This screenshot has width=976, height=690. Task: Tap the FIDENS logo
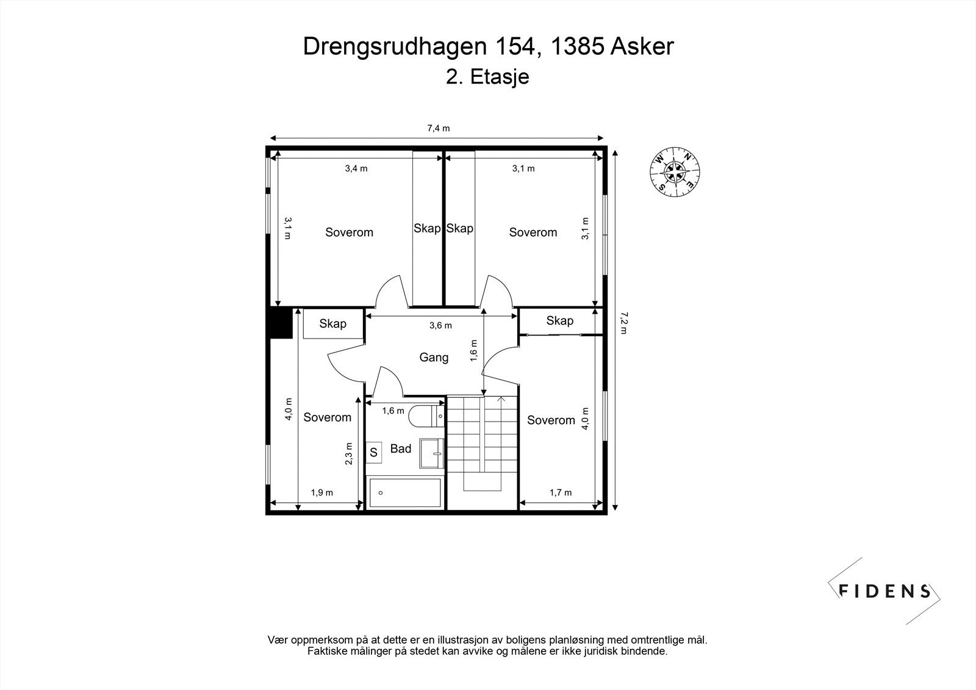(x=884, y=591)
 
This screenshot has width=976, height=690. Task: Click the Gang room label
(x=434, y=358)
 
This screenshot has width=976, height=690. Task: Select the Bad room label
(x=401, y=449)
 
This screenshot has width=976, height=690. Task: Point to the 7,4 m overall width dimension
(x=438, y=129)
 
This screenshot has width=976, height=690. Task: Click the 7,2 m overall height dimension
(x=623, y=323)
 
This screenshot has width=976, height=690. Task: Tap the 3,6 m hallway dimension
(x=440, y=326)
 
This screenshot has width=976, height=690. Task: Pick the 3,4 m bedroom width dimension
(x=356, y=169)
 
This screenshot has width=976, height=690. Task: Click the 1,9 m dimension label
(x=322, y=493)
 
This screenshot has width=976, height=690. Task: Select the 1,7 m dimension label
(x=561, y=493)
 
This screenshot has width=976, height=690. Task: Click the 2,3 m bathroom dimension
(x=349, y=454)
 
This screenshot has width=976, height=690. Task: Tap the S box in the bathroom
(x=373, y=453)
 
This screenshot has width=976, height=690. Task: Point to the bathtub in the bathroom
(x=405, y=493)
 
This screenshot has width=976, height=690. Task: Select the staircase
(x=482, y=442)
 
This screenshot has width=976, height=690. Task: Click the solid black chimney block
(x=281, y=323)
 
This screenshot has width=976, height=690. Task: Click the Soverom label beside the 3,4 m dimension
(x=349, y=232)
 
